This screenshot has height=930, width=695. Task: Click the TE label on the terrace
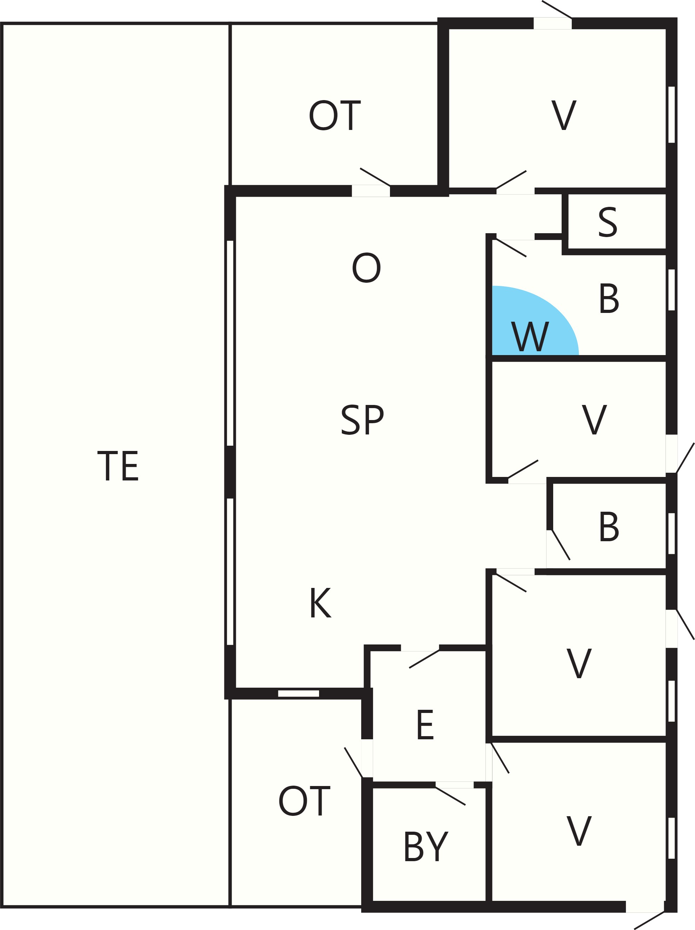118,466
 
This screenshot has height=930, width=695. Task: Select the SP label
362,419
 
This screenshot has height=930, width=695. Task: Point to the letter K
320,602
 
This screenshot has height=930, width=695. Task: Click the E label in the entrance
425,725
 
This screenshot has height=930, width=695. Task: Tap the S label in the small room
608,222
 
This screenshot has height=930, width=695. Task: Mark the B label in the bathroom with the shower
609,298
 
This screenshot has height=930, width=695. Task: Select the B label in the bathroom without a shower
609,526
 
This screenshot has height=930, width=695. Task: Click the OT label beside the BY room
304,801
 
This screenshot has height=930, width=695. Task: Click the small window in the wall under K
298,694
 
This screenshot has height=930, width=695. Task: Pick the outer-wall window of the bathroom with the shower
671,290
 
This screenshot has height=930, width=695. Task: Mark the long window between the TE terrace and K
230,571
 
